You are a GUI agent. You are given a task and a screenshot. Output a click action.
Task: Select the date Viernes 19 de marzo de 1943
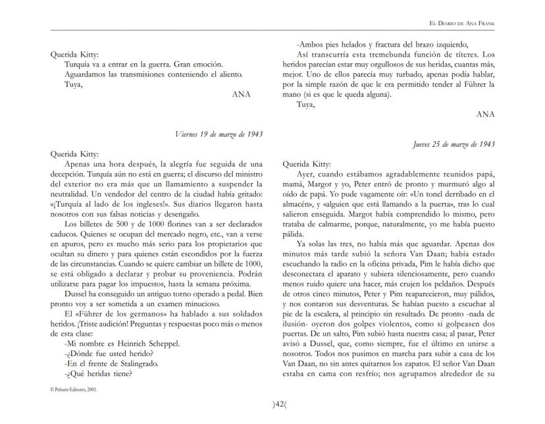click(219, 134)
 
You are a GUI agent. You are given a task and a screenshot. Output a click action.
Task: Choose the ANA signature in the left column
click(242, 94)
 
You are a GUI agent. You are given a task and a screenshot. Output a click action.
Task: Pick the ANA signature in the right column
click(486, 114)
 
